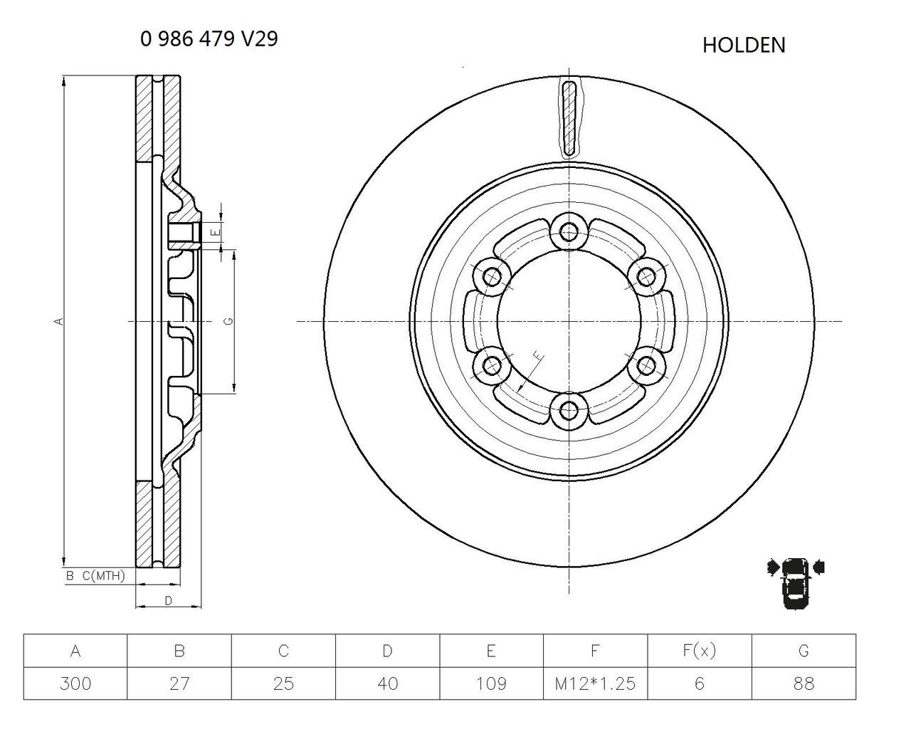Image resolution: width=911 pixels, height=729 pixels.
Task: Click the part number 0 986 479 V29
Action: [209, 39]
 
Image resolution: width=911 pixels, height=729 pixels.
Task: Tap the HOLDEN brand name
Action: [744, 45]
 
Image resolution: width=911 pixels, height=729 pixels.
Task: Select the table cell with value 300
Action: [75, 684]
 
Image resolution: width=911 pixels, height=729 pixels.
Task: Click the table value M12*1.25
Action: [595, 684]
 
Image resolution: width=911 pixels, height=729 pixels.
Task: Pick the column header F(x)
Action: [699, 651]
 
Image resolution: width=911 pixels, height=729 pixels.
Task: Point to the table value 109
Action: [491, 684]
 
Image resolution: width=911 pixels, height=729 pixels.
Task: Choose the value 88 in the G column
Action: [803, 684]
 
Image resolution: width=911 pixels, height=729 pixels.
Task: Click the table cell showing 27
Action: [179, 684]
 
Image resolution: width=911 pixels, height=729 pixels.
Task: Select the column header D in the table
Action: [387, 651]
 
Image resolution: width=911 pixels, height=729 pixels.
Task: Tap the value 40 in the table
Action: [387, 684]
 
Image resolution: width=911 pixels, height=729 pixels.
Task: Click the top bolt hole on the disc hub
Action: [569, 231]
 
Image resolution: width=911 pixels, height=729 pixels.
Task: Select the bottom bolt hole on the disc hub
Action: [569, 410]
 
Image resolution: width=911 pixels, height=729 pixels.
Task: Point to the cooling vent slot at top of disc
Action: [569, 118]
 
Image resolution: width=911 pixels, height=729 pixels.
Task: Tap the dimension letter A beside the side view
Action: [60, 322]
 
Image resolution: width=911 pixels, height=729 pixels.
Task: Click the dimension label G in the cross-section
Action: [228, 322]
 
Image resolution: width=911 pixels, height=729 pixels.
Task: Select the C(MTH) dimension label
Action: [103, 575]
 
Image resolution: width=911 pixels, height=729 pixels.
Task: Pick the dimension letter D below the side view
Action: [168, 601]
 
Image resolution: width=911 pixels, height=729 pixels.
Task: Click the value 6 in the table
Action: [699, 684]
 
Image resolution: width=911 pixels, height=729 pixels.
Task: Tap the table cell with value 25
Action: [283, 684]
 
